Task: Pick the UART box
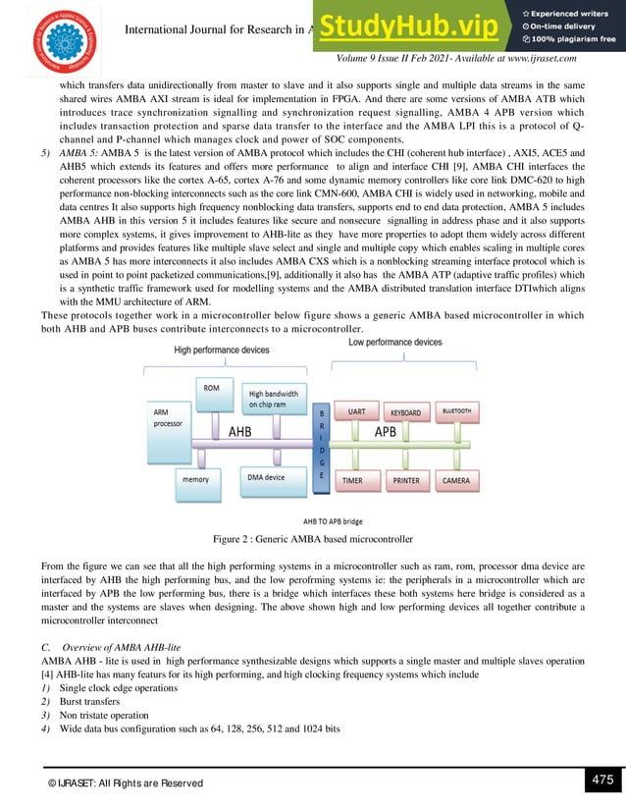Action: click(x=357, y=412)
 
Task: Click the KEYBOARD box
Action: click(x=405, y=413)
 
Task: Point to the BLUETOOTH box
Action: click(x=456, y=411)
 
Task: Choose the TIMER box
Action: click(x=356, y=480)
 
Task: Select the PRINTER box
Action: click(x=406, y=480)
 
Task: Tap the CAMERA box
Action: click(x=456, y=480)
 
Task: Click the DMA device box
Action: click(x=266, y=478)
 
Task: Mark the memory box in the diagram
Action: click(x=194, y=480)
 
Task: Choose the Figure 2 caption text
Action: click(x=312, y=539)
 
